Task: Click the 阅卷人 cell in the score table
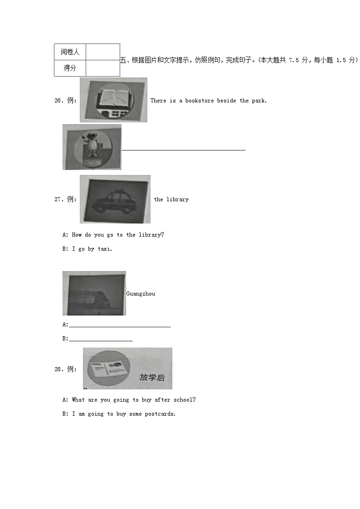(70, 52)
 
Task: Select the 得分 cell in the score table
(70, 68)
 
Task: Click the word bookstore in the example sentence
(199, 101)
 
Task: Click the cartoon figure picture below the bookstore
(92, 147)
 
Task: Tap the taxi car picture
(115, 199)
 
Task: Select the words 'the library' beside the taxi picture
(171, 199)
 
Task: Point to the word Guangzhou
(141, 294)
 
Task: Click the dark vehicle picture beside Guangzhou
(94, 293)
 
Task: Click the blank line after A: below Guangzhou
(120, 326)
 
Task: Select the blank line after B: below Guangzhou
(101, 340)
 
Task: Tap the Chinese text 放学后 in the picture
(152, 377)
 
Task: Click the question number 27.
(58, 199)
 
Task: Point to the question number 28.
(58, 369)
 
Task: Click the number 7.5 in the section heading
(294, 60)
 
